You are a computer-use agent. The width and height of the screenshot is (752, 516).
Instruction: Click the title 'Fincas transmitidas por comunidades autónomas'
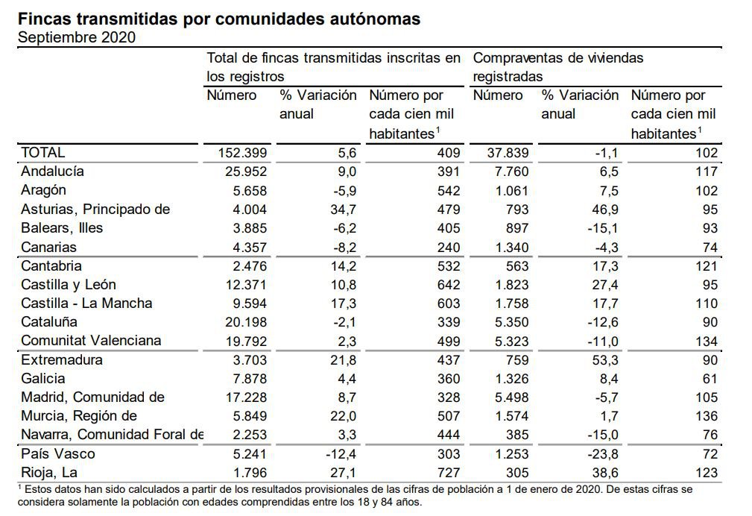(218, 19)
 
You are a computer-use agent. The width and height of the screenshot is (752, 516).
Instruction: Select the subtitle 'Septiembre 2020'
(76, 37)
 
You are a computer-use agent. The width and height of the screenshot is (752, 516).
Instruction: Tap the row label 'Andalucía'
(52, 172)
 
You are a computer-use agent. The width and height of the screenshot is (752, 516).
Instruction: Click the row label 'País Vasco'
(58, 454)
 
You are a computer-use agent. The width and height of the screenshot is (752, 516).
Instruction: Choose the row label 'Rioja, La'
(48, 473)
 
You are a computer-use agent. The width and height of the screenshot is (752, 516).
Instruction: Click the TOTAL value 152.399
(240, 153)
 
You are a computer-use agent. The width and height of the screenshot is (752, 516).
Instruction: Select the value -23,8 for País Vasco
(590, 454)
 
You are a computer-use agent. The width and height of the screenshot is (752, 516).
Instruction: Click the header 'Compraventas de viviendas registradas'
(558, 66)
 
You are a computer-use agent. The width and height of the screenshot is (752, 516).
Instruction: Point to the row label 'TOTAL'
(42, 153)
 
